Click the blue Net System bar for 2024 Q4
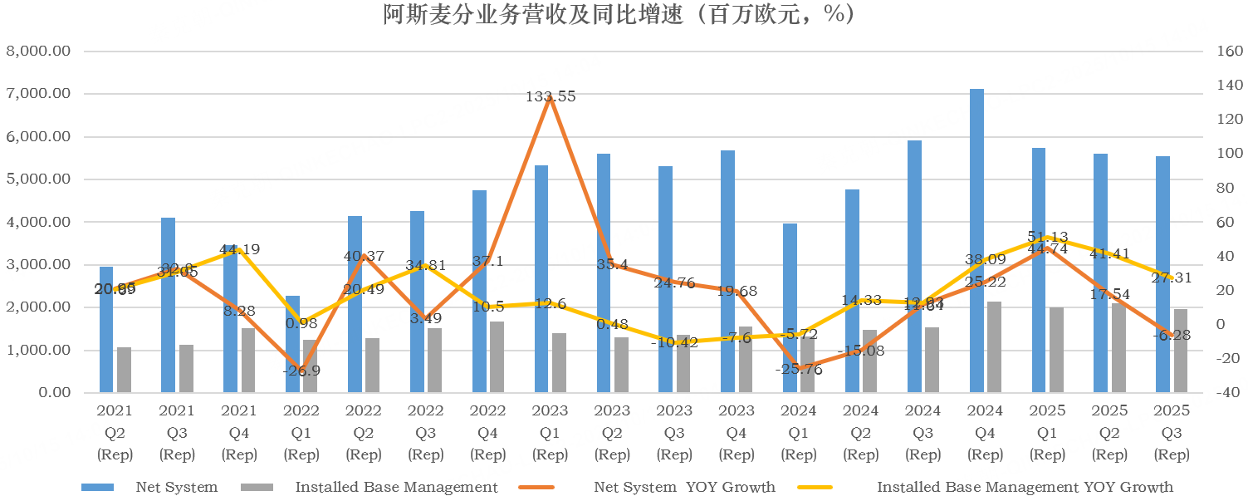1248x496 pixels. pyautogui.click(x=977, y=241)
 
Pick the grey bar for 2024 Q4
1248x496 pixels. pyautogui.click(x=995, y=346)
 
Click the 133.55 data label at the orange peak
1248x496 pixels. pyautogui.click(x=551, y=96)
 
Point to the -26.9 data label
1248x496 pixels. pyautogui.click(x=301, y=371)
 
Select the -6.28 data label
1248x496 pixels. pyautogui.click(x=1171, y=336)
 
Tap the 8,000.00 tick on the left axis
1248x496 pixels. pyautogui.click(x=38, y=52)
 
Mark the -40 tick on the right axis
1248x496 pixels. pyautogui.click(x=1226, y=393)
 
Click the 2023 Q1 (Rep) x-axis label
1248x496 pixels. pyautogui.click(x=550, y=433)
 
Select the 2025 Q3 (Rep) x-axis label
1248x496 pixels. pyautogui.click(x=1172, y=433)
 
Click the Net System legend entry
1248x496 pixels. pyautogui.click(x=176, y=487)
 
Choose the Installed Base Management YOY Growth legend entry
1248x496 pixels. pyautogui.click(x=1025, y=487)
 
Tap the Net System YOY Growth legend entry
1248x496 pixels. pyautogui.click(x=684, y=487)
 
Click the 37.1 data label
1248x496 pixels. pyautogui.click(x=487, y=261)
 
